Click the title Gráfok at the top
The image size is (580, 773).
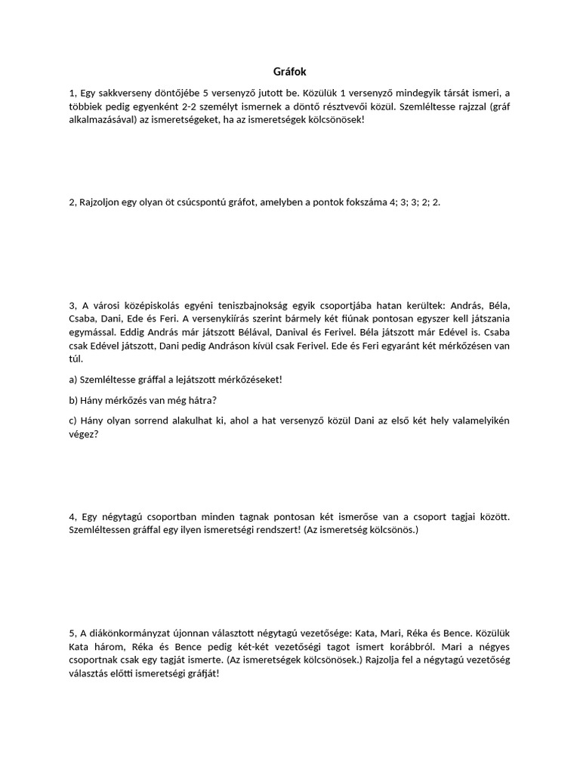tap(289, 72)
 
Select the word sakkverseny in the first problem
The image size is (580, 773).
tap(120, 93)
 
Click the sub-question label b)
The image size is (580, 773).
tap(73, 399)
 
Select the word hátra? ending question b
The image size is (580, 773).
tap(210, 399)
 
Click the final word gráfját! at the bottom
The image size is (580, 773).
tap(199, 673)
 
